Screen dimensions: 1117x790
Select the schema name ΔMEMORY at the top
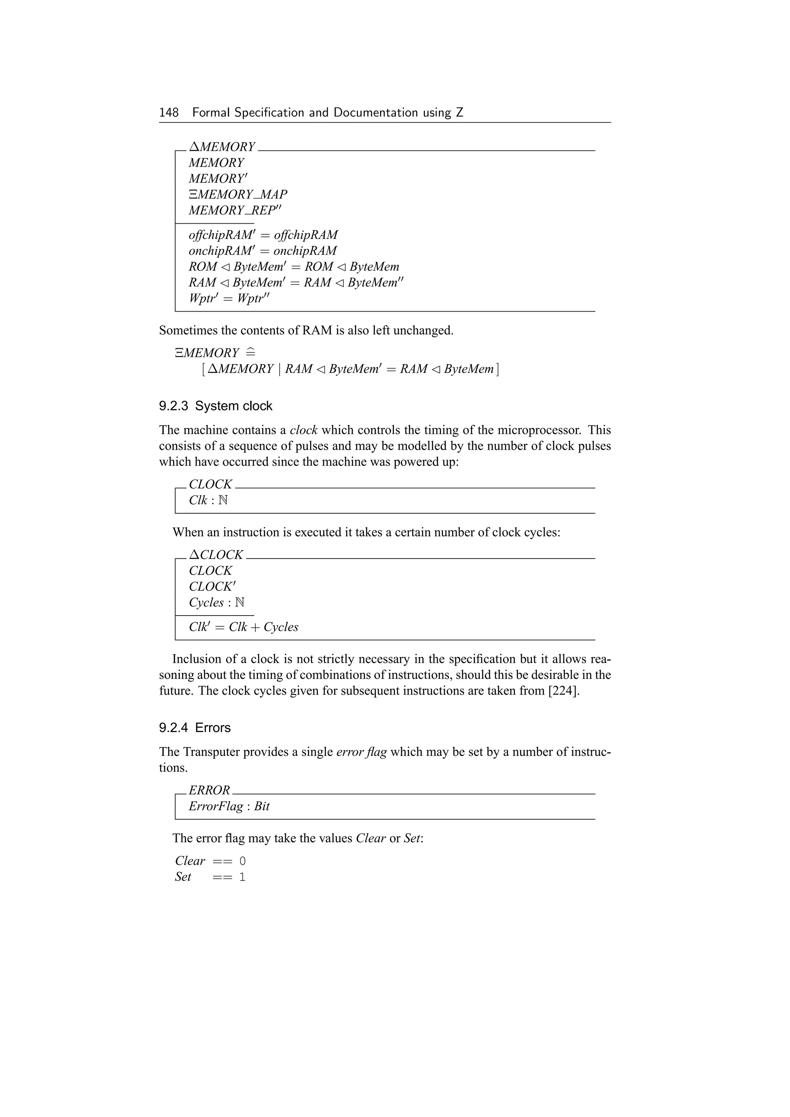222,147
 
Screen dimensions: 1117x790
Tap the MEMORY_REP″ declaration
235,210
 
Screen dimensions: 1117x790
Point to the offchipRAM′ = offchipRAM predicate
263,235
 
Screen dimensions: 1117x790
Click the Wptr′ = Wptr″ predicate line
229,298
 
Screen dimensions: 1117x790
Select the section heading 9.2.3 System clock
216,406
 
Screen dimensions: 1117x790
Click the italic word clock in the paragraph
303,430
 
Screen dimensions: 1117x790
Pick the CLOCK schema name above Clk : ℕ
210,484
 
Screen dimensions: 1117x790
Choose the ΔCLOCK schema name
216,555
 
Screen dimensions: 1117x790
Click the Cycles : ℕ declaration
216,602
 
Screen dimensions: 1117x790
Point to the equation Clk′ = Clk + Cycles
243,627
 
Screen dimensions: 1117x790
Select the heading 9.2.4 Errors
194,727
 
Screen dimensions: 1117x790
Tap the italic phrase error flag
361,752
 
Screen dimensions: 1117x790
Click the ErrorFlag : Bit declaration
229,806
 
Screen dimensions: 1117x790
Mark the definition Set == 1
210,877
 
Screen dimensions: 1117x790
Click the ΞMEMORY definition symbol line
214,353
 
